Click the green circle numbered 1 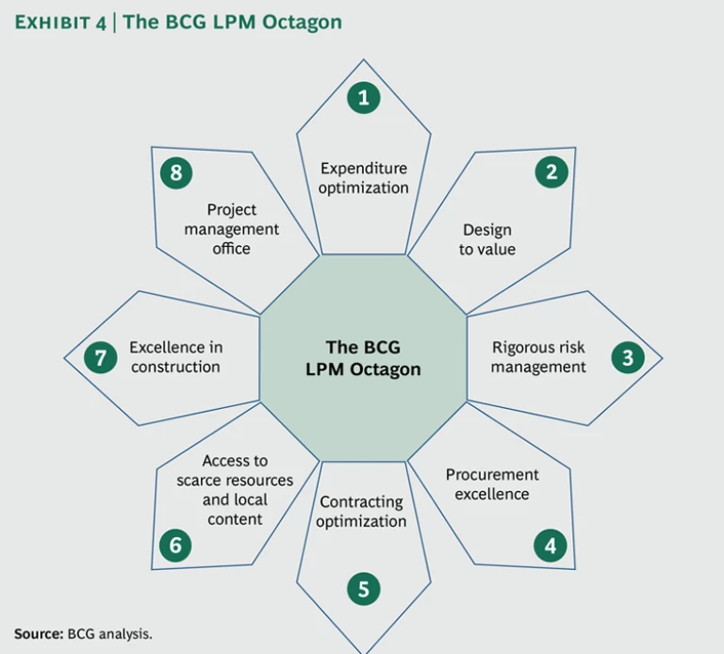point(363,96)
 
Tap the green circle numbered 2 point(551,172)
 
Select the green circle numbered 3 point(627,357)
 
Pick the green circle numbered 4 point(550,545)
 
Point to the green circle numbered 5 point(363,589)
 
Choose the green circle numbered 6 point(174,545)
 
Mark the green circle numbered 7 point(99,357)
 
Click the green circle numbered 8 point(175,172)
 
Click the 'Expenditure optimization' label point(363,177)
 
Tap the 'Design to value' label point(487,239)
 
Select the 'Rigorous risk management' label point(538,356)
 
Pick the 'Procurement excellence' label point(492,483)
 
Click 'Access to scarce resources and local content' point(235,490)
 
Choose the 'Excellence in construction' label point(175,356)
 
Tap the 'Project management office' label point(231,228)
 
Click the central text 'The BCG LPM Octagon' point(363,358)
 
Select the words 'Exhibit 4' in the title point(58,24)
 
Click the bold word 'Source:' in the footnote point(38,633)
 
